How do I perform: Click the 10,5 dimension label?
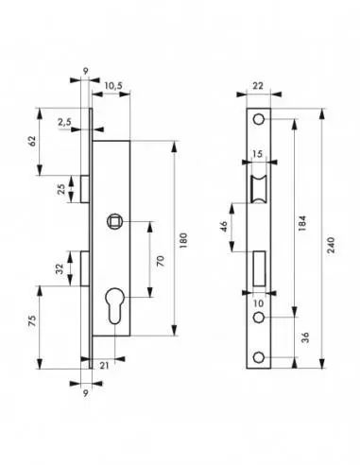pos(111,86)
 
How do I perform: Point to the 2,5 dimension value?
pos(63,122)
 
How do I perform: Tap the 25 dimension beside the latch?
pos(63,189)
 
